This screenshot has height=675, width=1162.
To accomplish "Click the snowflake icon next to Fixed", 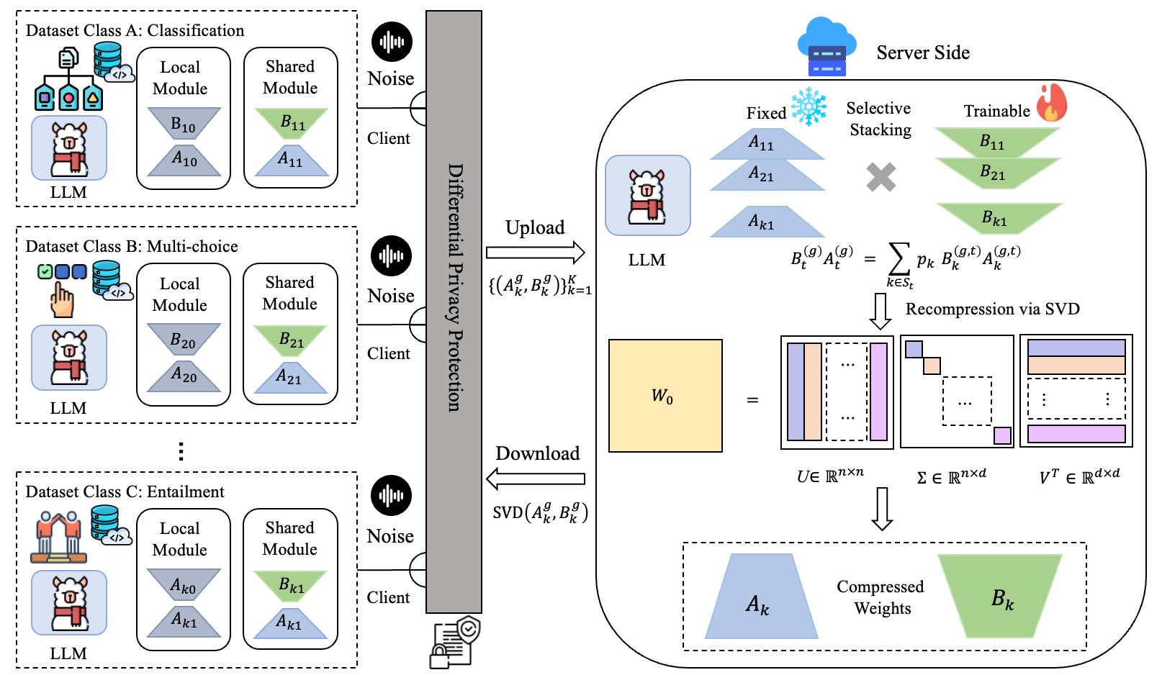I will click(809, 107).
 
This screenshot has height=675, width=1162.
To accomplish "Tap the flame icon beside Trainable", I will click(1052, 103).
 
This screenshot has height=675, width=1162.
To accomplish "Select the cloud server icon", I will click(827, 47).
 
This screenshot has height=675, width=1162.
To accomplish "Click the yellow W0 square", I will click(665, 396).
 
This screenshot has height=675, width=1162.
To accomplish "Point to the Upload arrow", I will click(535, 253).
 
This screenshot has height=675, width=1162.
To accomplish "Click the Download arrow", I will click(535, 479).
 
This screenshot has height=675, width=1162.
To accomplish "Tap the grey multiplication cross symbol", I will click(880, 177).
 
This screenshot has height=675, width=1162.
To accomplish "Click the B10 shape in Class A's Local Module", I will click(184, 123).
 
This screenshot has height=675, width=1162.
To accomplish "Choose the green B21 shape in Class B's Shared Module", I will click(291, 339).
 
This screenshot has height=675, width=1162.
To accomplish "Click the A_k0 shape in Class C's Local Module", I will click(183, 584).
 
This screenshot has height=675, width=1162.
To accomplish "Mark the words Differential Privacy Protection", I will click(454, 288).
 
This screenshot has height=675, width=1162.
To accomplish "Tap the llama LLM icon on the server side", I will click(647, 195).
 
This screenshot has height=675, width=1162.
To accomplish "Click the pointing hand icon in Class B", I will click(62, 301).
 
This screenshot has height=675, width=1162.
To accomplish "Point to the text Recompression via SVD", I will click(992, 309).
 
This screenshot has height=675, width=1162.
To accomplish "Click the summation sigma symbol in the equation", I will click(898, 258).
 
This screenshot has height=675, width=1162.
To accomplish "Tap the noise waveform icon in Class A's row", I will click(392, 42).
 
